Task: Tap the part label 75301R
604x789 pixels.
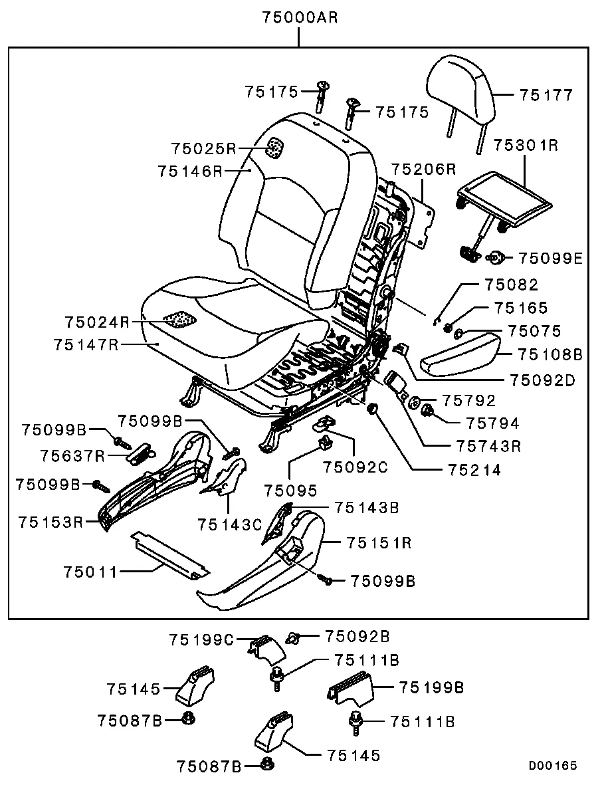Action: [x=526, y=146]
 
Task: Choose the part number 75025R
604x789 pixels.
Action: [x=203, y=148]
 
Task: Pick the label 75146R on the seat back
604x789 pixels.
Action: [x=191, y=171]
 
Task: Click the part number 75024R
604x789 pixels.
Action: [x=97, y=322]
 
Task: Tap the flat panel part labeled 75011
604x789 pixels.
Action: [x=169, y=554]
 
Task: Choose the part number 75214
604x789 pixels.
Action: [x=474, y=469]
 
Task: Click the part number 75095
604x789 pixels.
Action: [x=290, y=491]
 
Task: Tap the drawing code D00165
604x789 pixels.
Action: [x=553, y=766]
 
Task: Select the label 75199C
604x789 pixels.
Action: [x=201, y=639]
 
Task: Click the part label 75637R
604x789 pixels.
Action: [x=71, y=455]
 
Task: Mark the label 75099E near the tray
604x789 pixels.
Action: [x=550, y=257]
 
